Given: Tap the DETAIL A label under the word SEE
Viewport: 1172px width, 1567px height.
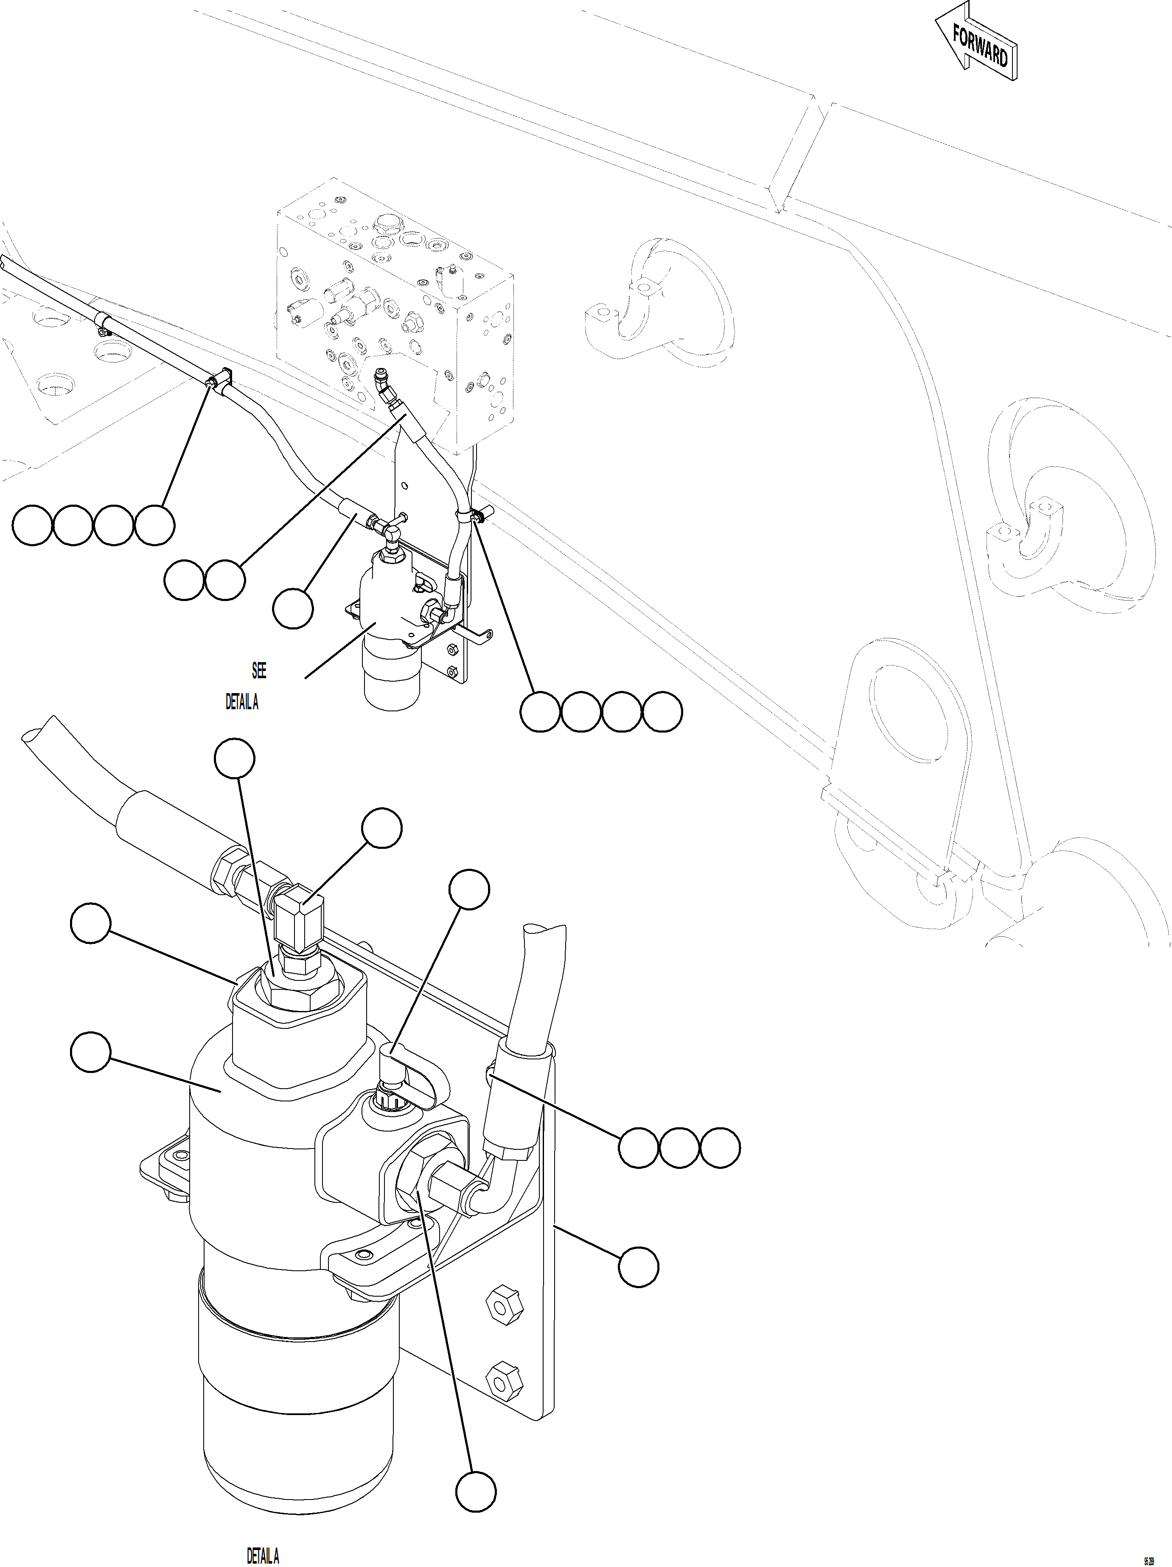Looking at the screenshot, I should pos(241,702).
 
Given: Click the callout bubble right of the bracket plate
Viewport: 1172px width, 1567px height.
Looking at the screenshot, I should pos(638,1267).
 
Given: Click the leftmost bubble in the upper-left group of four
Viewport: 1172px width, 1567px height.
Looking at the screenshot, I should pos(32,525).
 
